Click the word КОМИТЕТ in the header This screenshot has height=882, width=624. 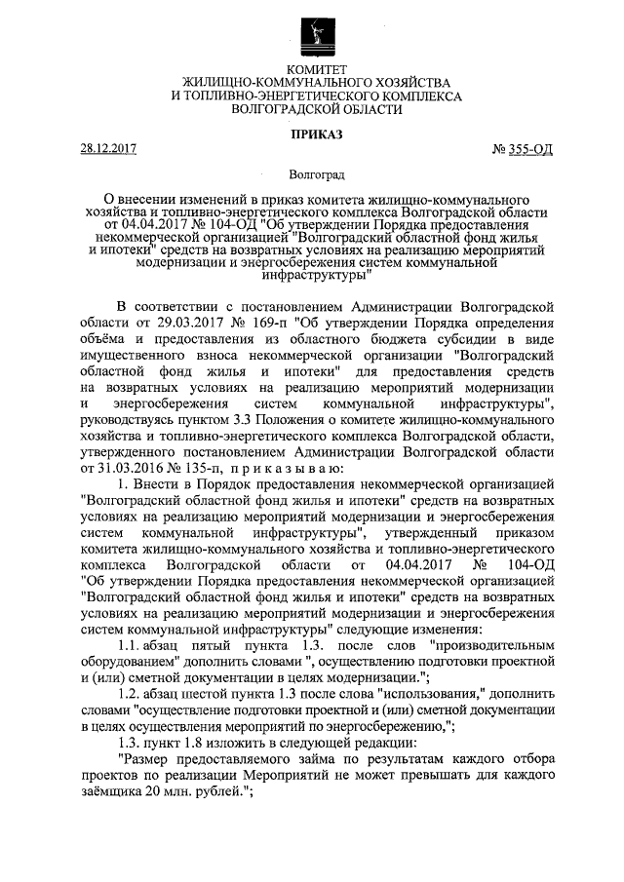(x=311, y=70)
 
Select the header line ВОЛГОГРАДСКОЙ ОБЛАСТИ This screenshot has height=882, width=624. (x=311, y=110)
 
